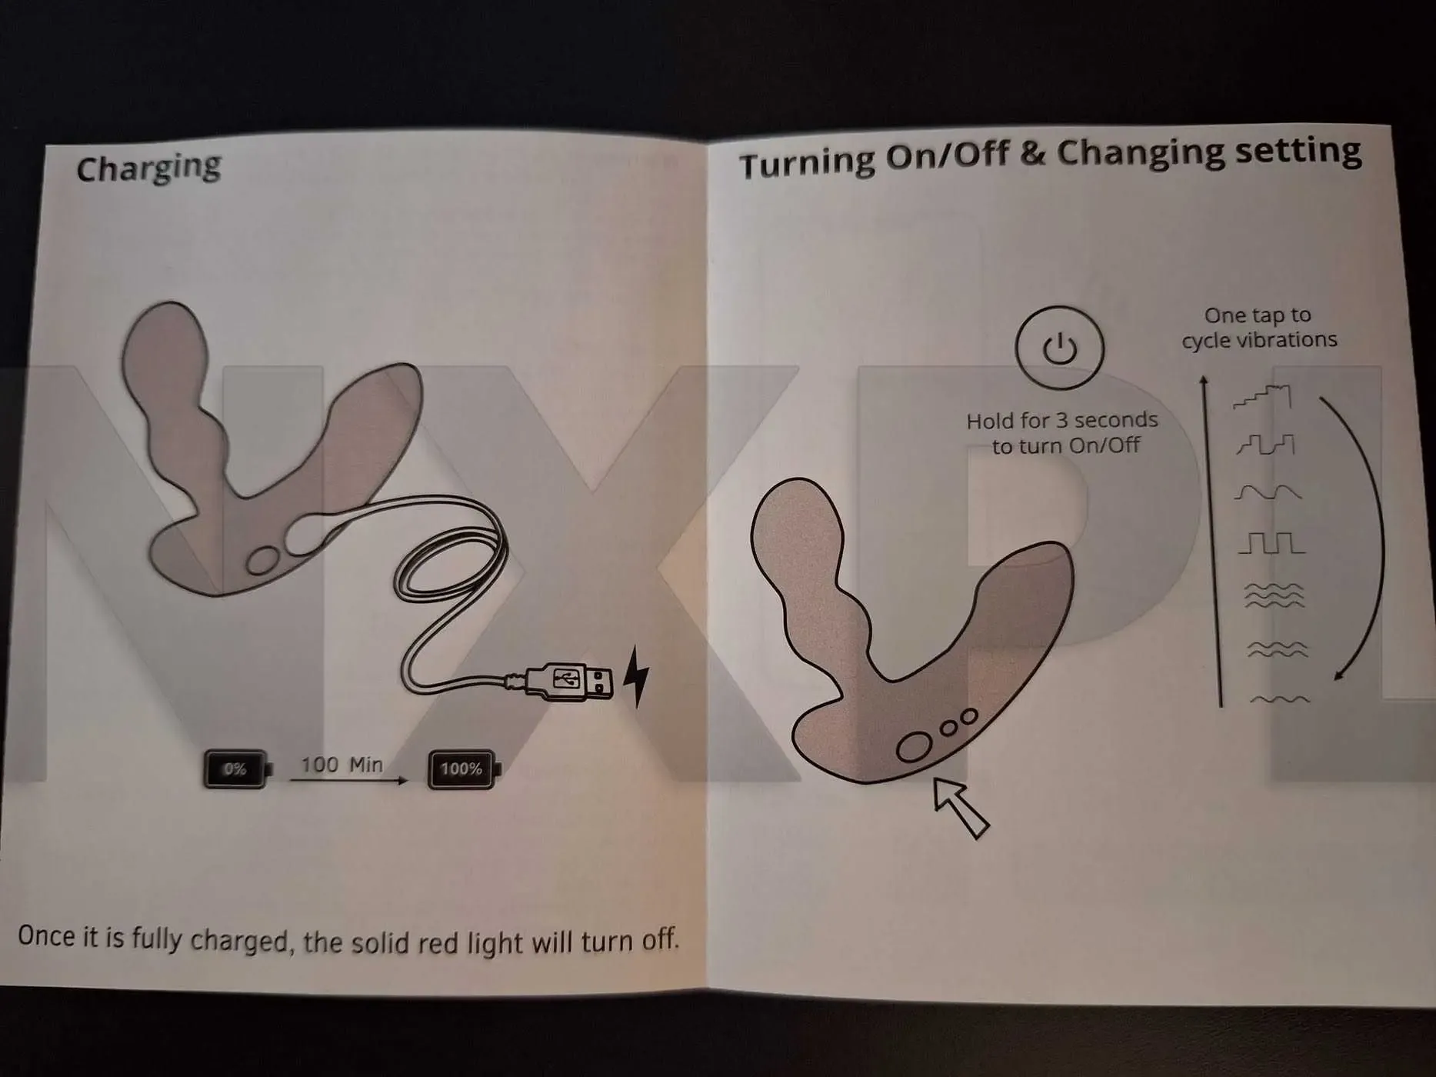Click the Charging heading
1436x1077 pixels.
(148, 168)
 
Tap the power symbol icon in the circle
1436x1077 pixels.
(1059, 348)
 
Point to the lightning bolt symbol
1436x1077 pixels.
(635, 676)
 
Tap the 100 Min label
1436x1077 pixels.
(342, 765)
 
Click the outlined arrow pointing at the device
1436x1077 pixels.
(960, 807)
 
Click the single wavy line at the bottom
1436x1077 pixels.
(1279, 700)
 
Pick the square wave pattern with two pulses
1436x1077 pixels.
(1271, 543)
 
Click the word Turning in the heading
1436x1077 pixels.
(807, 162)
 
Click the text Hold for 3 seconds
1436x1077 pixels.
(1062, 420)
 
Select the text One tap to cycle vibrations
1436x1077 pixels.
(1259, 328)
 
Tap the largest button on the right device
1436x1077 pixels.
(915, 746)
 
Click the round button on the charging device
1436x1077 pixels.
(263, 560)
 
